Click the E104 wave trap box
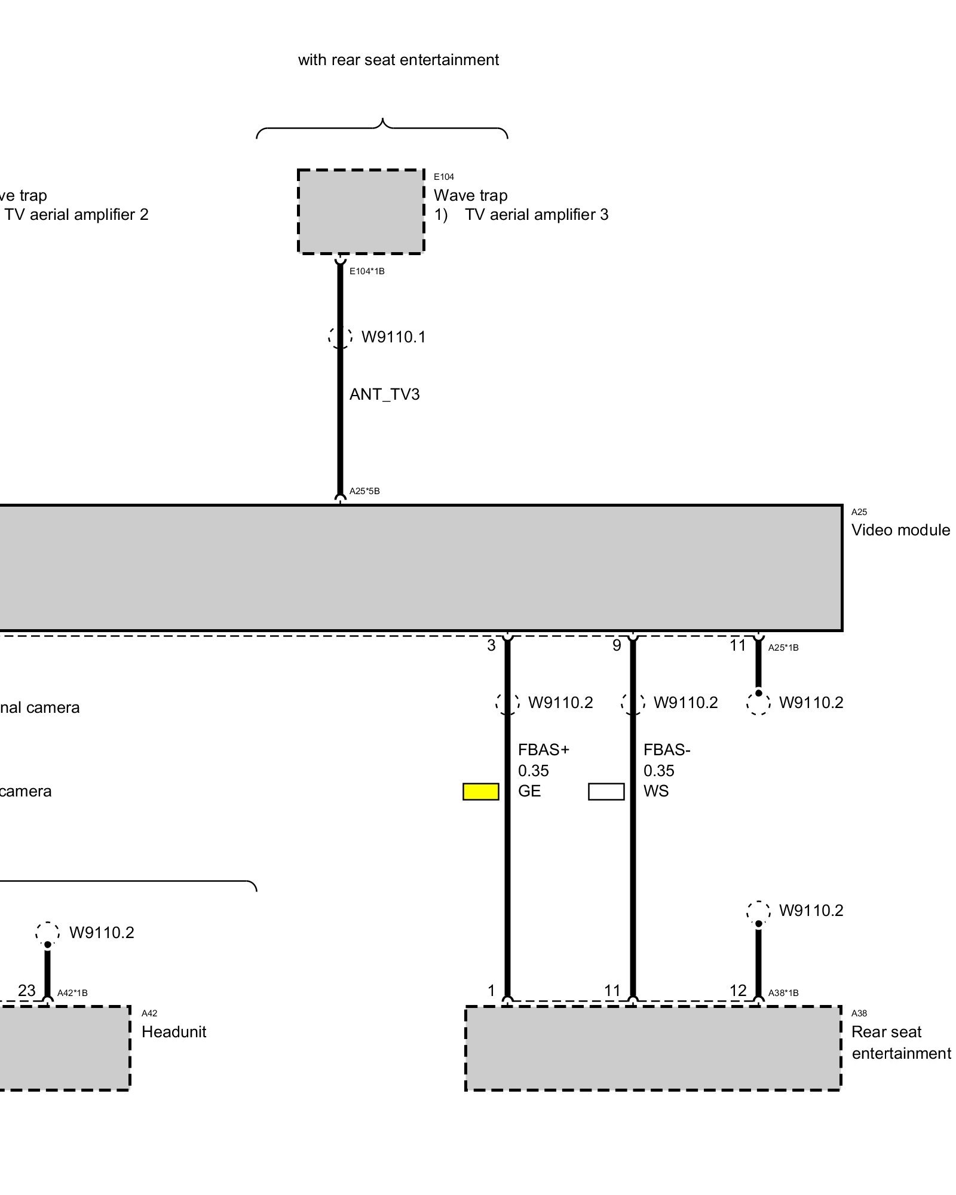[361, 212]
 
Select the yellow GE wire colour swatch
[481, 792]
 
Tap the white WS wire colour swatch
[606, 792]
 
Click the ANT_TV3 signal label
[385, 394]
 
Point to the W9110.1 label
[394, 337]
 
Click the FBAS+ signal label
[544, 750]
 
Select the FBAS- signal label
[667, 750]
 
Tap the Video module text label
[900, 530]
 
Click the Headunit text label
[174, 1032]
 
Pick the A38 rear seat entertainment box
[653, 1049]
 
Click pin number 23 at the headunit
[27, 991]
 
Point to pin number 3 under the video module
[491, 645]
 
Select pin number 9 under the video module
[617, 645]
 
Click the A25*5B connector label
[364, 491]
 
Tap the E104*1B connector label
[367, 271]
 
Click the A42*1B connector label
[72, 993]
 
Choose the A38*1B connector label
[783, 993]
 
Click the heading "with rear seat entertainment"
[399, 60]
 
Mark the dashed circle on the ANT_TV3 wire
[340, 337]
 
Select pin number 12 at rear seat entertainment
[738, 991]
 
